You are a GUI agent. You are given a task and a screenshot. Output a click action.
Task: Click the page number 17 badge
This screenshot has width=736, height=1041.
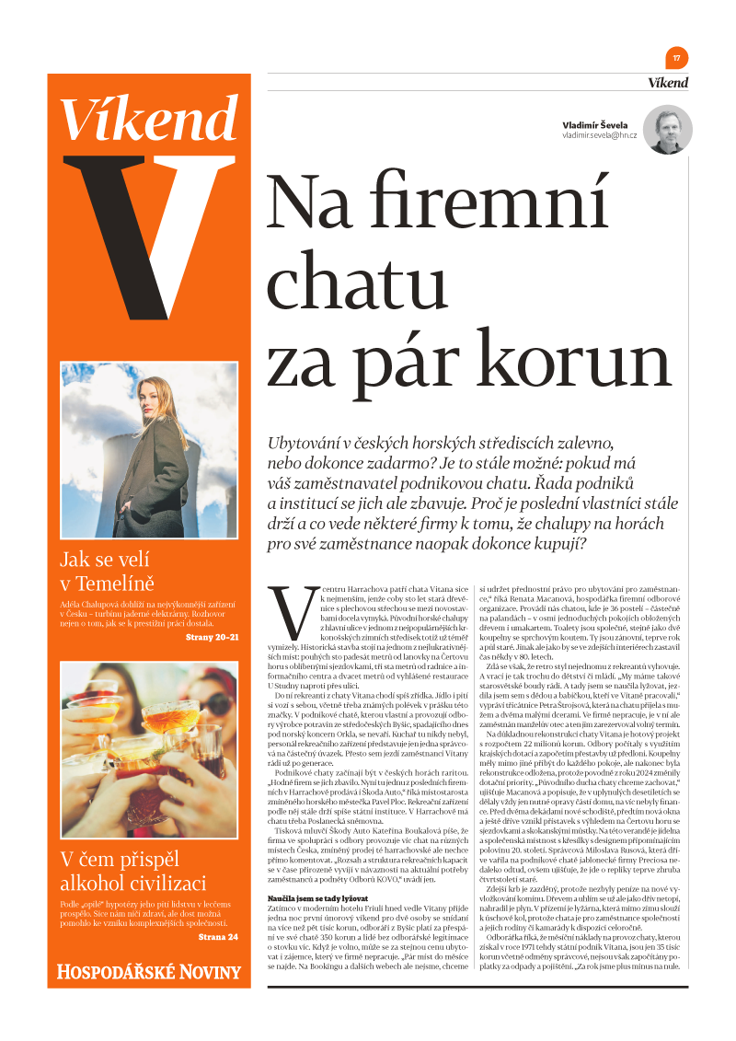point(677,57)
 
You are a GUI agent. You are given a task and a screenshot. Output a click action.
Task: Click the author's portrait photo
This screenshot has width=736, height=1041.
point(667,130)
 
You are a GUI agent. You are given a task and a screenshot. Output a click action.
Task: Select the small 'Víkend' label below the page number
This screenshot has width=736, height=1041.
point(667,83)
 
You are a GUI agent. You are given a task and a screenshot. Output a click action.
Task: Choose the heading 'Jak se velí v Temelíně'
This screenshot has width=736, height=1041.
point(106,571)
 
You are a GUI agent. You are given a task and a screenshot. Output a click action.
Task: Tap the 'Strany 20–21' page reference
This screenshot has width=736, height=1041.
point(213,637)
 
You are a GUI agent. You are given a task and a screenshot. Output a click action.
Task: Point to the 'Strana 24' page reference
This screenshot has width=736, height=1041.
point(218,937)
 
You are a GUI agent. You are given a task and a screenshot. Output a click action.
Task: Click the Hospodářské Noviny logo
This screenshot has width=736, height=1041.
point(149,971)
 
